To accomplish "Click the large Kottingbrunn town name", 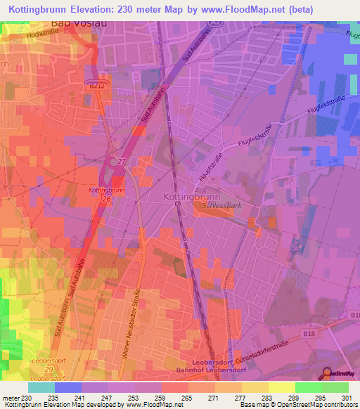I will click(191, 197).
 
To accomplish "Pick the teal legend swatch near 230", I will click(41, 387).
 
